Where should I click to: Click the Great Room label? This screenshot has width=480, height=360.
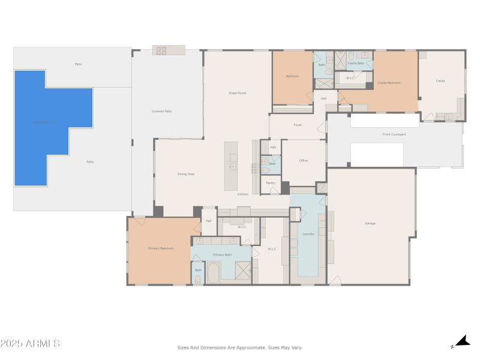pos(238,93)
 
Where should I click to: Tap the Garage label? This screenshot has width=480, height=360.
pos(370,223)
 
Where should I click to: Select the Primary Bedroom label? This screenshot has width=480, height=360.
pos(161,248)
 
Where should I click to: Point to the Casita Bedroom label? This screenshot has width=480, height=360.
pos(389,83)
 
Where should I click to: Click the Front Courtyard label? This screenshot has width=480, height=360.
pos(394,134)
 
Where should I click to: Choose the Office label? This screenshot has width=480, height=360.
pos(304,161)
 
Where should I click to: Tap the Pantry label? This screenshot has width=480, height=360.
pos(271,183)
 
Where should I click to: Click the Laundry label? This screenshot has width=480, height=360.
pos(308,234)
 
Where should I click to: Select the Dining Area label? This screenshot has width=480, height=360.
pos(185,174)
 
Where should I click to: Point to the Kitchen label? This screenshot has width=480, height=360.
pos(242,194)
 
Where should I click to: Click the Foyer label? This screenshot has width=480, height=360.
pos(298,125)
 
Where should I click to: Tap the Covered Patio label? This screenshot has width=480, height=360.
pos(161,111)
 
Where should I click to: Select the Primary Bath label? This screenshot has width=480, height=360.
pos(222,255)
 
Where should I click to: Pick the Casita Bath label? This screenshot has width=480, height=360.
pos(356,63)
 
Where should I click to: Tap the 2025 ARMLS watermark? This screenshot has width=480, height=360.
pos(30,344)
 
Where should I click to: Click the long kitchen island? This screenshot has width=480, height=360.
pos(230,166)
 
